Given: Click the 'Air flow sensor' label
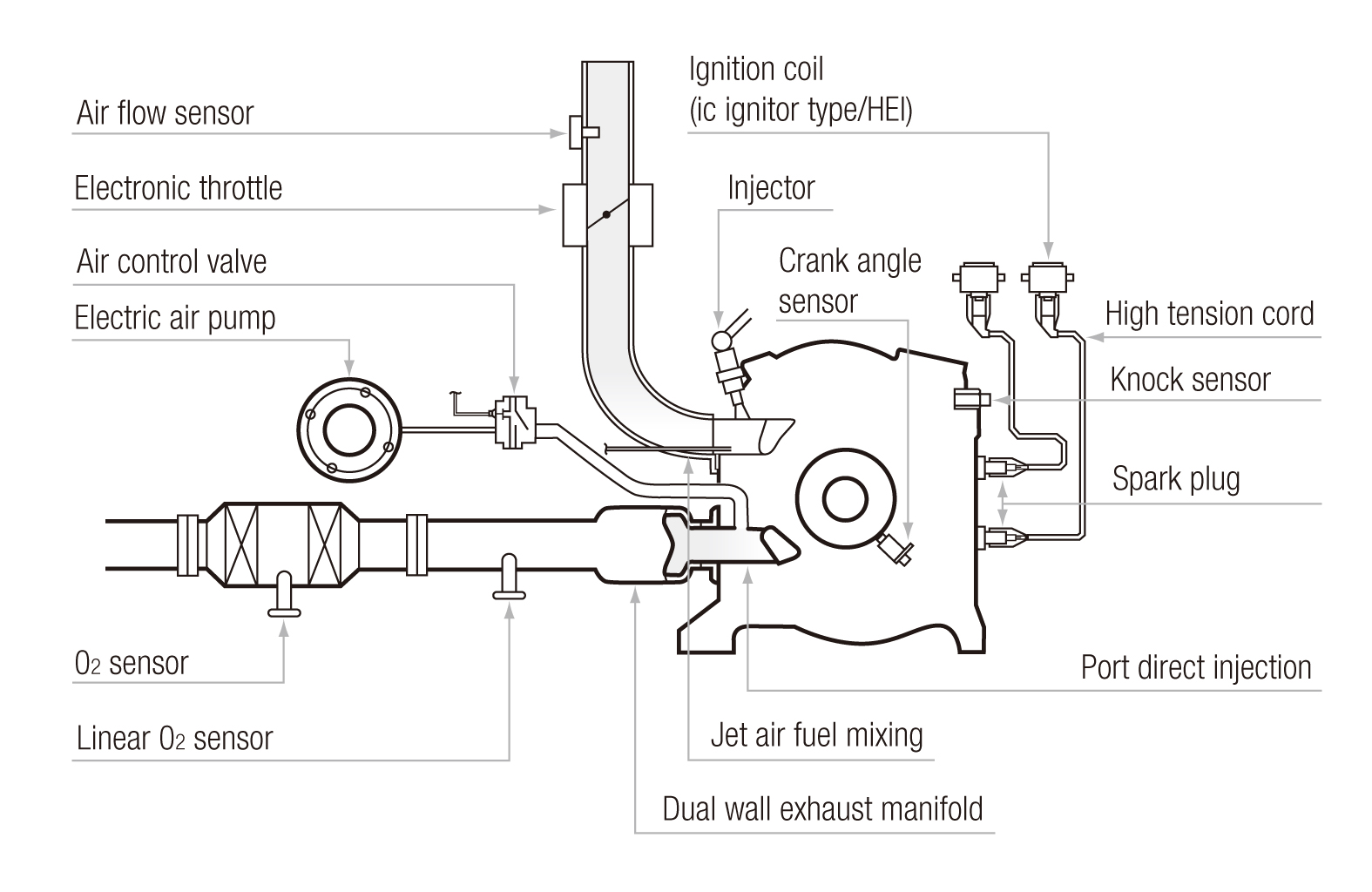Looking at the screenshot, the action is [165, 112].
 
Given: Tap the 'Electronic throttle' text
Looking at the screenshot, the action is [179, 187].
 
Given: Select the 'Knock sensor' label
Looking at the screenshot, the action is [1190, 380].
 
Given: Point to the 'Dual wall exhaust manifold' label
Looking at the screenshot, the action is [822, 808].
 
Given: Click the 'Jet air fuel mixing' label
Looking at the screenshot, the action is [816, 735].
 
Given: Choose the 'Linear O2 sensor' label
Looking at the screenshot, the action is [174, 738].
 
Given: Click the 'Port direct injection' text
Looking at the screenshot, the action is [1196, 667].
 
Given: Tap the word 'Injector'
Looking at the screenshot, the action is [771, 188].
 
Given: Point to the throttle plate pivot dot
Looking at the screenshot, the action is [606, 214].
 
